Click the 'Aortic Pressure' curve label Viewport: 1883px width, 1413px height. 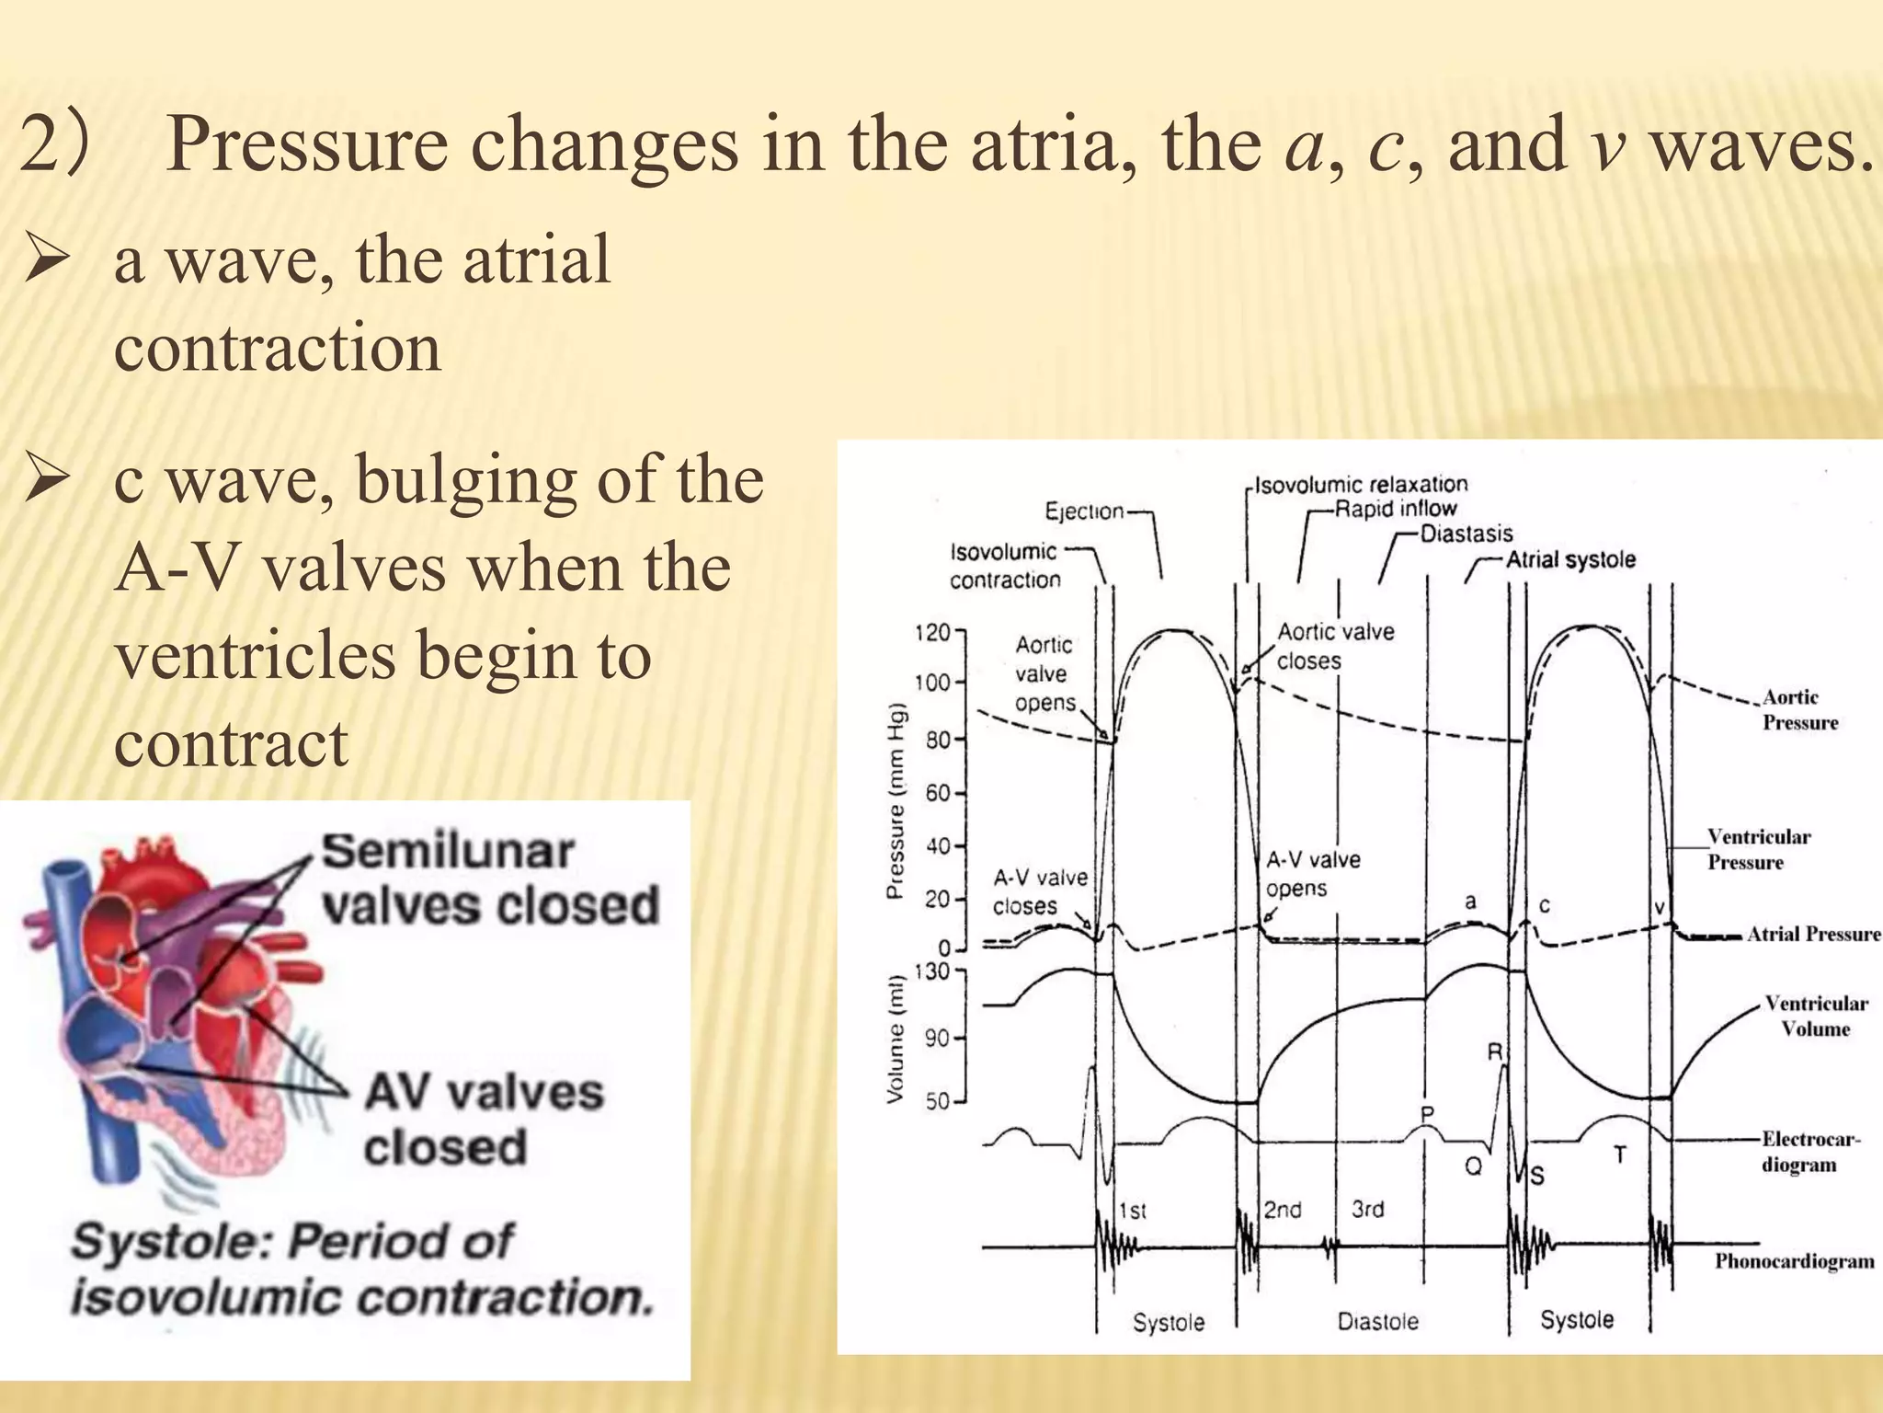coord(1798,710)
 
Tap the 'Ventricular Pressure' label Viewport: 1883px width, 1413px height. coord(1757,849)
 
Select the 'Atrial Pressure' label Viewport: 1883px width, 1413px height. coord(1813,935)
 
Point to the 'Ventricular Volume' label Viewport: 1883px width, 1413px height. coord(1815,1016)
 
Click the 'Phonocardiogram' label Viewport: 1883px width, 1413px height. coord(1794,1261)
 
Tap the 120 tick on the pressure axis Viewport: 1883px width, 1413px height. coord(932,633)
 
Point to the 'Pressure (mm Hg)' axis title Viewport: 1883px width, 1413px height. coord(896,800)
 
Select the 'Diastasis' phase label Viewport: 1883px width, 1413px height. coord(1466,534)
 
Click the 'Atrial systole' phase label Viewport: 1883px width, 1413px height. coord(1570,559)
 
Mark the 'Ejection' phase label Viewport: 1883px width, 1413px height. coord(1084,511)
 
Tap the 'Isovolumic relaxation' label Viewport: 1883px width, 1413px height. coord(1361,485)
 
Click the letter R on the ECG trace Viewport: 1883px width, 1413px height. coord(1495,1051)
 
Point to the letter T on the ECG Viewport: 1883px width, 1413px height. coord(1620,1155)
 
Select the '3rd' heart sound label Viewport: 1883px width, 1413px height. coord(1367,1209)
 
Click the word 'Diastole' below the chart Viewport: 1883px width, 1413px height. coord(1377,1322)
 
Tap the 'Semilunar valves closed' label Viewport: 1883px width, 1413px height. coord(490,879)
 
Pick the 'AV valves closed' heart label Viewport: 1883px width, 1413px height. coord(484,1120)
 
